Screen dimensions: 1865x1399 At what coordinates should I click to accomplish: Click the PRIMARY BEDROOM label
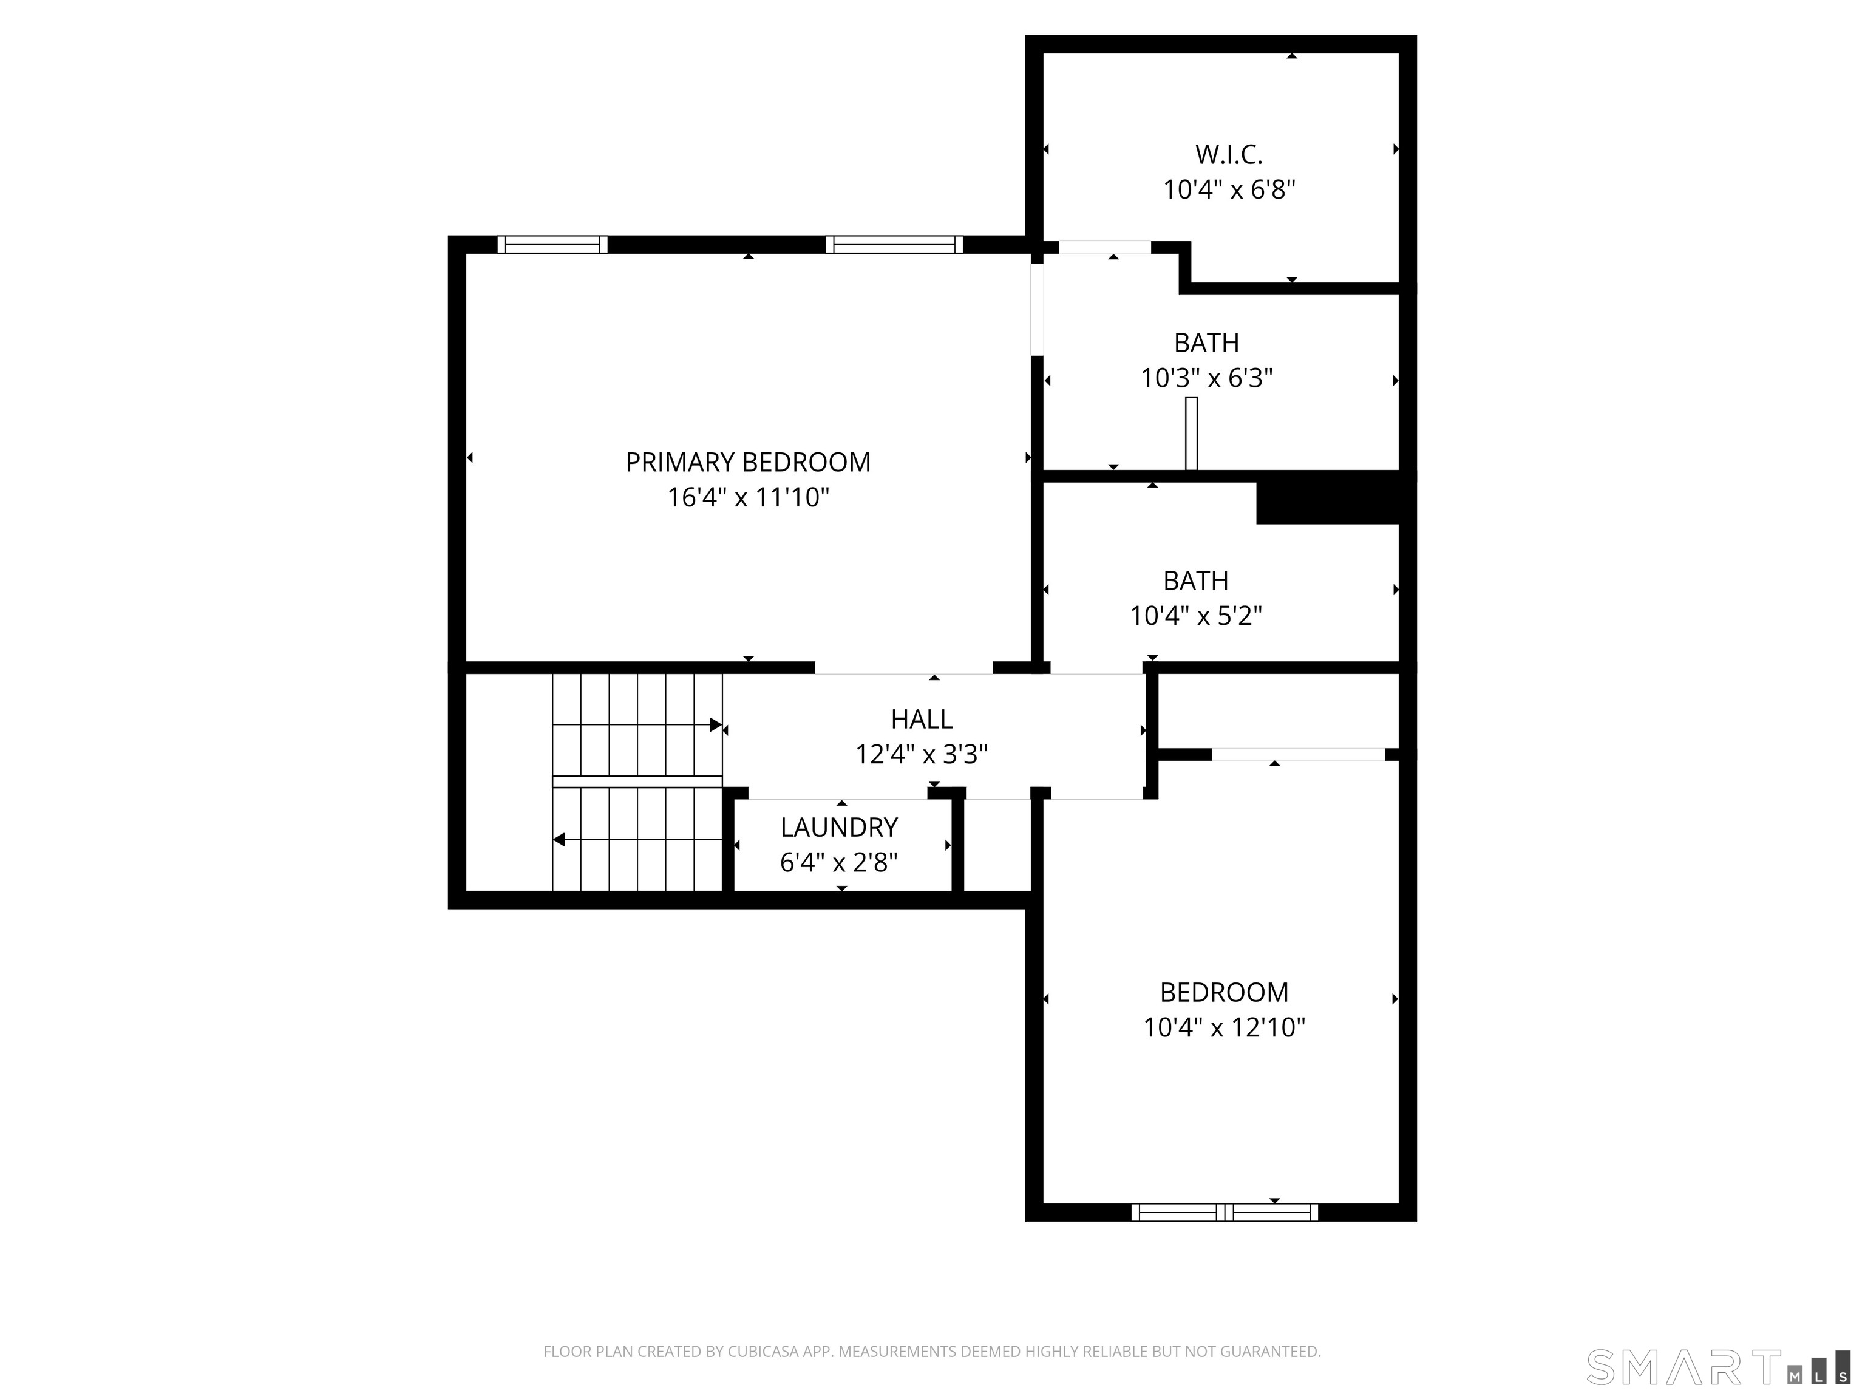click(748, 462)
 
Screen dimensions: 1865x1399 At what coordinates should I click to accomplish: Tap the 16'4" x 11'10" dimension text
click(748, 497)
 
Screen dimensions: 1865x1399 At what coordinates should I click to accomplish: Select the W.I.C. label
click(1228, 154)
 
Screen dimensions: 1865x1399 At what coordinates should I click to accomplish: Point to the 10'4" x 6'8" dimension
click(1228, 189)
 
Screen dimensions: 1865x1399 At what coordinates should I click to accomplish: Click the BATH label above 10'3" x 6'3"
click(1206, 343)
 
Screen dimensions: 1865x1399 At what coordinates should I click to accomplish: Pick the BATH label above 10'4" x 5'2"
click(1195, 581)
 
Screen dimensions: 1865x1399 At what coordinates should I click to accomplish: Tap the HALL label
click(922, 720)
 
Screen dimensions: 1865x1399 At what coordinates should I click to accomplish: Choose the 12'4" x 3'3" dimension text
click(922, 754)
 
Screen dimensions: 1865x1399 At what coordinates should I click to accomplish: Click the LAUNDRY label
click(839, 827)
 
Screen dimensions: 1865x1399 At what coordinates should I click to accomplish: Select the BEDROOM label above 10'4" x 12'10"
click(1225, 993)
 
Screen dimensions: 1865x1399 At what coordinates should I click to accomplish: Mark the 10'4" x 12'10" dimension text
click(1225, 1028)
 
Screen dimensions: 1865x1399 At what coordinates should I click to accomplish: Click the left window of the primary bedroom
click(552, 245)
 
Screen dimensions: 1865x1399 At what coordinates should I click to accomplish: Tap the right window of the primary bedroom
click(894, 245)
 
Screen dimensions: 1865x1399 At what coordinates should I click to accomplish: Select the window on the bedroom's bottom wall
click(1225, 1213)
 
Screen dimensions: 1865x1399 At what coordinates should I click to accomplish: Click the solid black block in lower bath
click(1328, 503)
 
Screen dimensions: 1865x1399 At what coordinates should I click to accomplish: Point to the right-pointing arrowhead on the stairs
click(716, 725)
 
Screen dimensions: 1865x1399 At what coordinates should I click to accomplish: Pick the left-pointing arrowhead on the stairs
click(559, 840)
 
